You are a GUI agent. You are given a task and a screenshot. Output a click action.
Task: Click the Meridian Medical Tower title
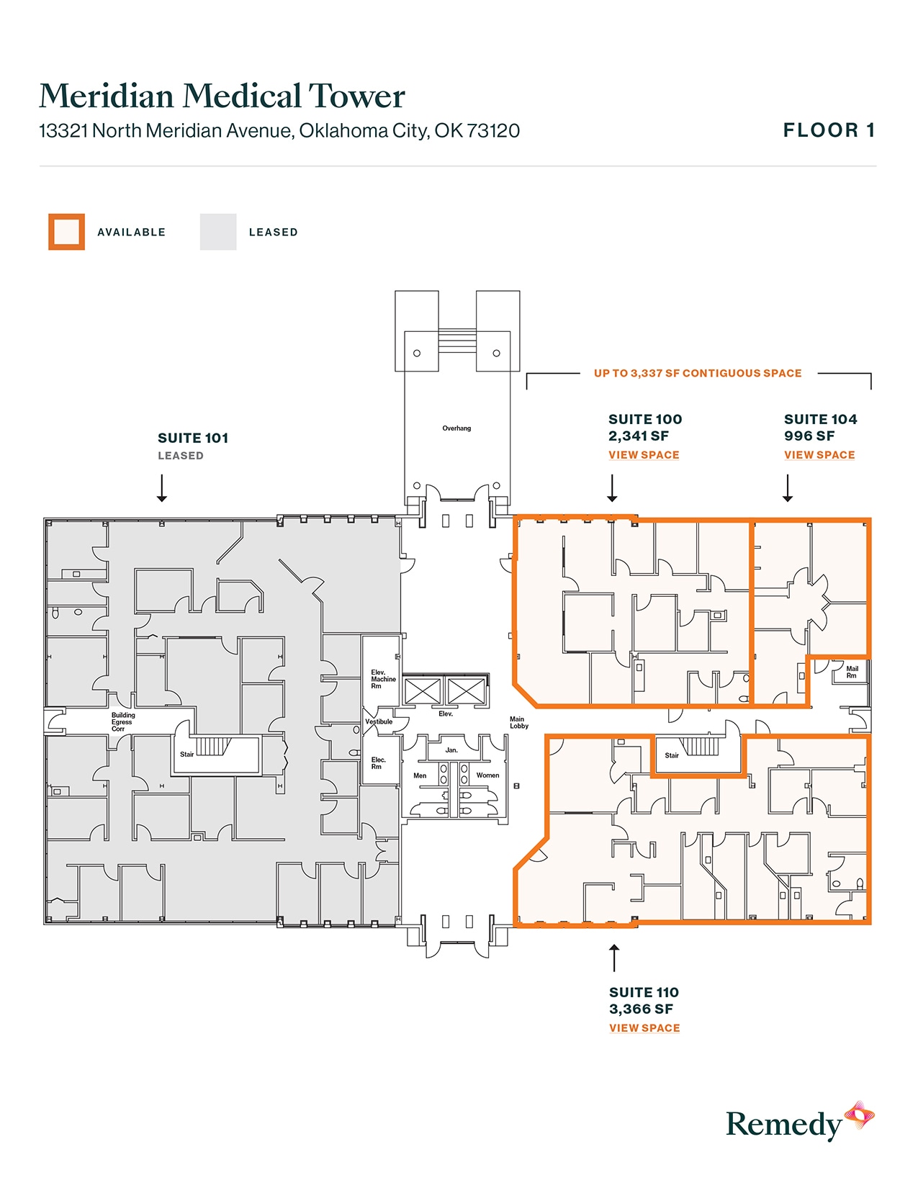[x=222, y=96]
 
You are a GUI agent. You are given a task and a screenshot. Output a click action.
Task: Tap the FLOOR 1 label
[x=829, y=130]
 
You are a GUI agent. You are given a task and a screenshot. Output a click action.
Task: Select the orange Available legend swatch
[x=66, y=232]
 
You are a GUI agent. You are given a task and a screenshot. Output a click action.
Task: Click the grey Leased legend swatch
[x=218, y=232]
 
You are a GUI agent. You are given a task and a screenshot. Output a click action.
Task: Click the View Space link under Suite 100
[x=644, y=455]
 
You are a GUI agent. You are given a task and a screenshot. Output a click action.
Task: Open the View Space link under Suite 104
[x=819, y=455]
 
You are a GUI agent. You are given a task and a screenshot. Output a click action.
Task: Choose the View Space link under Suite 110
[x=644, y=1028]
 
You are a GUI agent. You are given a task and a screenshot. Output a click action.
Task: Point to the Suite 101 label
[x=193, y=438]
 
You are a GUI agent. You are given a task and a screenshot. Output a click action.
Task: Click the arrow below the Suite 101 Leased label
[x=162, y=487]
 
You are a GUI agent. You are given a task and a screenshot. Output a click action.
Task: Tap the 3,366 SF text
[x=641, y=1009]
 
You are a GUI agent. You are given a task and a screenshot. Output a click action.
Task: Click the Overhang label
[x=456, y=428]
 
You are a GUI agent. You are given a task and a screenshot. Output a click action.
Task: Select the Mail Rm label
[x=852, y=672]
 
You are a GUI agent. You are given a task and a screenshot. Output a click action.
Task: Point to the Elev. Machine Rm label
[x=383, y=679]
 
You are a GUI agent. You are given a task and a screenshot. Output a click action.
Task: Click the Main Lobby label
[x=518, y=722]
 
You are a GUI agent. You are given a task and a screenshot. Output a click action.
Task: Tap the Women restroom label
[x=487, y=775]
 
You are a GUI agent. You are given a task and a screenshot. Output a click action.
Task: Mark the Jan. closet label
[x=451, y=750]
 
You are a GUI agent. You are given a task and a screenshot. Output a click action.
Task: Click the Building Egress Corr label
[x=122, y=722]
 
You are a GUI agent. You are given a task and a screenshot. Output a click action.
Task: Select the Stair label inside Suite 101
[x=186, y=755]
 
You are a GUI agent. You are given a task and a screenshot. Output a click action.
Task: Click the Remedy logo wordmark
[x=783, y=1125]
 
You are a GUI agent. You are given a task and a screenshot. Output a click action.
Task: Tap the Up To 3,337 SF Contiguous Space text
[x=698, y=373]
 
